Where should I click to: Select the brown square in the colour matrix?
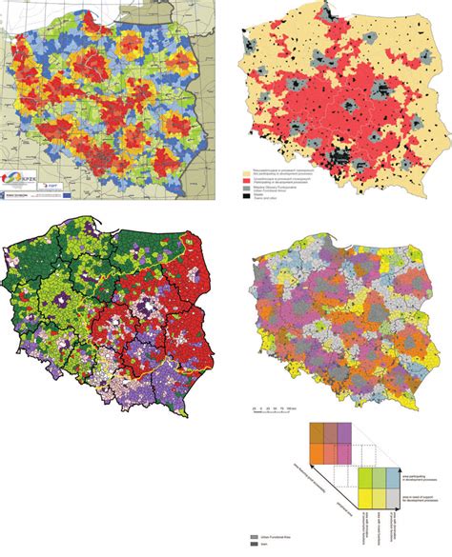(x=317, y=433)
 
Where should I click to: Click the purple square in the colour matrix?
(x=344, y=433)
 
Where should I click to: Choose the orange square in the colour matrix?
(x=317, y=454)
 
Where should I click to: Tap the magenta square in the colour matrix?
(x=344, y=454)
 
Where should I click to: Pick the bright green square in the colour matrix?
(x=365, y=478)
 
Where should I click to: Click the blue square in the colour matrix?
(x=392, y=478)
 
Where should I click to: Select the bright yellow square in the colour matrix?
(x=365, y=499)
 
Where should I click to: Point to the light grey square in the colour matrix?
(x=392, y=499)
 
